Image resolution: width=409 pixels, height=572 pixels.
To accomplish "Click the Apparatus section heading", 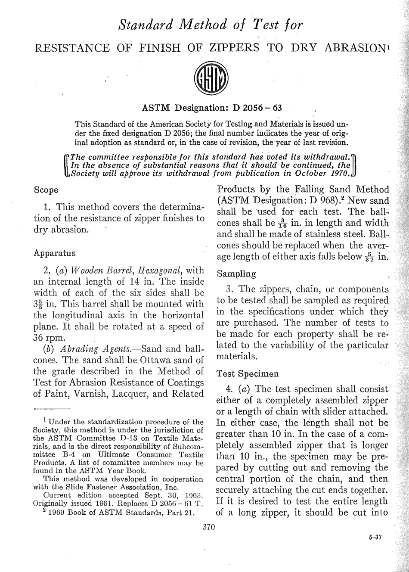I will click(54, 253).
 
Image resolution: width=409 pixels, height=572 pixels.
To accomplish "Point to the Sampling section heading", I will click(236, 274).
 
